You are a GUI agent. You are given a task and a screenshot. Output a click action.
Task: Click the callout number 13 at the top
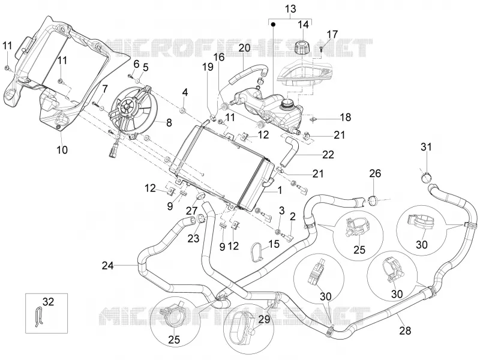pos(290,9)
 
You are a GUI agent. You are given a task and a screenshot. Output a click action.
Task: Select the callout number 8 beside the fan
pos(169,123)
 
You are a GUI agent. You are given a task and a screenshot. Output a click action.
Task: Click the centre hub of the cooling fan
pos(126,106)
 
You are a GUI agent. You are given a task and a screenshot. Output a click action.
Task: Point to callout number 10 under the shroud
pos(62,149)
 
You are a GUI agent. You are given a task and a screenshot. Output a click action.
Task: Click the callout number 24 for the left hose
pos(108,266)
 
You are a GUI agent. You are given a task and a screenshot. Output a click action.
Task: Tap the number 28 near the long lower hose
pos(404,331)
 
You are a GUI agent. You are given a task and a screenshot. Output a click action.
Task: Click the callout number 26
pos(375,173)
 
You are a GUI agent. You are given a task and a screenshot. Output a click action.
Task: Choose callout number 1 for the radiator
pos(280,190)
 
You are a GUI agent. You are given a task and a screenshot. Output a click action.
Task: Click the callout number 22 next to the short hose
pos(328,155)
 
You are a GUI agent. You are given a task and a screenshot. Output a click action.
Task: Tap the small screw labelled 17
pos(321,49)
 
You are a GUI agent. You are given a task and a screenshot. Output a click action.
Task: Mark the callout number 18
pos(346,117)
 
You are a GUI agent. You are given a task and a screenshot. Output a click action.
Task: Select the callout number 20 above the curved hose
pos(245,47)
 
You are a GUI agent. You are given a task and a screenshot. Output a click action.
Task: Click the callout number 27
pos(192,211)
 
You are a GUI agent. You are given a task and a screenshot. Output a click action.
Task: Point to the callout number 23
pos(193,238)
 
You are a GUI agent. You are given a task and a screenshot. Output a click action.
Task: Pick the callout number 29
pos(265,319)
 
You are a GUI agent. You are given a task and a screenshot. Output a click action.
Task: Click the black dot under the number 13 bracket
pos(274,24)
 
